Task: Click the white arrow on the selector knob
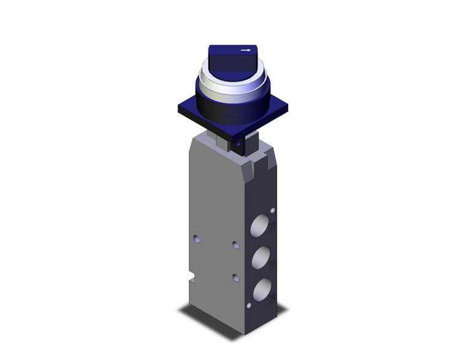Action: pos(246,50)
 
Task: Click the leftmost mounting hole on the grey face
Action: pos(196,237)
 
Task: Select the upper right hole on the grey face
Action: pos(237,245)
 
